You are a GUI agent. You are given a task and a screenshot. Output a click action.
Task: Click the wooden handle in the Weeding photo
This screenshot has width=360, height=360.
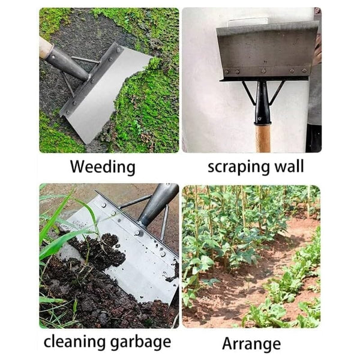click(x=46, y=47)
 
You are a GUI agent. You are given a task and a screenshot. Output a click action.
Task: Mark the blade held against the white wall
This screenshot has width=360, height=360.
click(x=267, y=48)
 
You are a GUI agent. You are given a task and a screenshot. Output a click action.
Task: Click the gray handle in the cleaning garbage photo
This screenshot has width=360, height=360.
click(x=159, y=201)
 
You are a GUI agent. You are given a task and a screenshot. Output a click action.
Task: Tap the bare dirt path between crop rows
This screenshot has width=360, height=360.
click(x=264, y=276)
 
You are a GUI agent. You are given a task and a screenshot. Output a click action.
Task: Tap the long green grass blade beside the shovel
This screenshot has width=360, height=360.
click(x=60, y=240)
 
